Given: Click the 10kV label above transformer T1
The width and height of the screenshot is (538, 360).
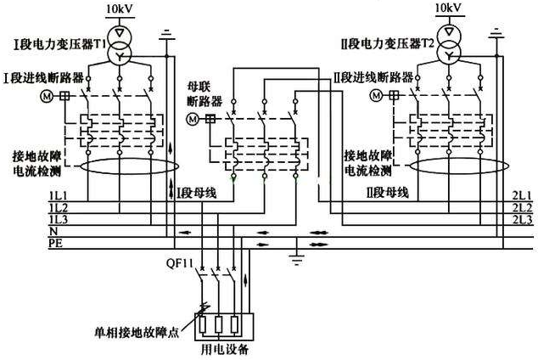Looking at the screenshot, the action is (120, 8).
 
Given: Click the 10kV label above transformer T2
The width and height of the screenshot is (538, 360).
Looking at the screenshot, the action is (448, 8).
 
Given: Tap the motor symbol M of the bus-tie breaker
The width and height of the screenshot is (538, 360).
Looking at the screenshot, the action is (193, 119).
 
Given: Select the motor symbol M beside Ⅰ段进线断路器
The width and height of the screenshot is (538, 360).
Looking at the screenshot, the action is (47, 96).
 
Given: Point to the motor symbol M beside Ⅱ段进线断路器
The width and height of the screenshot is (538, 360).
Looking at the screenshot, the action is (377, 95).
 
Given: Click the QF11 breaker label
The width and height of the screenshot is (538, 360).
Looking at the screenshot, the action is (180, 263).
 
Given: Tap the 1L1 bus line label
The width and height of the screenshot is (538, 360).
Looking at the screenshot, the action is (59, 195).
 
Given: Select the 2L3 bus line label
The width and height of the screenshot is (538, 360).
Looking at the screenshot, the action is (522, 220).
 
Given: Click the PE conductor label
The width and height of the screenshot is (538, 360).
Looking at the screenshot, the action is (56, 244).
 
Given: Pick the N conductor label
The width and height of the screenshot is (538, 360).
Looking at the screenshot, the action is (53, 231).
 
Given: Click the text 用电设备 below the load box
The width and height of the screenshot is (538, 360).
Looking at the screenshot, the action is (224, 350).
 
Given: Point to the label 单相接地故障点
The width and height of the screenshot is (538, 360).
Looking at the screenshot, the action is (137, 332).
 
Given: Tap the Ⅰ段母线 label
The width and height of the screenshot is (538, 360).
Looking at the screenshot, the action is (197, 194).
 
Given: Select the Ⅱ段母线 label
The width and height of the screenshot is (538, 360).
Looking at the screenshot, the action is (387, 193).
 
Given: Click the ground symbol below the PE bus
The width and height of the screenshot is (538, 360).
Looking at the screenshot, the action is (296, 259).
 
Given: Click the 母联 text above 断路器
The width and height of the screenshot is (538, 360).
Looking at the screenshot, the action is (199, 87).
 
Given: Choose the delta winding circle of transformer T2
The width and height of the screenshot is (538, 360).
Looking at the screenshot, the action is (449, 32).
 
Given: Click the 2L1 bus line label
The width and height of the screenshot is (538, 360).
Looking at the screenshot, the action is (522, 195).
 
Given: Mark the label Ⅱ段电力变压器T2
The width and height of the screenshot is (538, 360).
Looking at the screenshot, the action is (388, 44).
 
